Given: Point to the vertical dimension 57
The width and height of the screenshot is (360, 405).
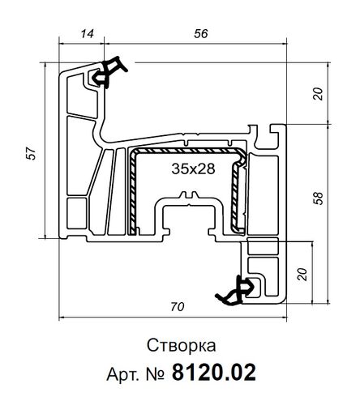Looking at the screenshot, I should click(x=30, y=153).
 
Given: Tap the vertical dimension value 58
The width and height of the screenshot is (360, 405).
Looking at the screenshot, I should click(x=316, y=197).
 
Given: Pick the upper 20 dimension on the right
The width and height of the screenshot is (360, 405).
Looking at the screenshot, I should click(x=318, y=92).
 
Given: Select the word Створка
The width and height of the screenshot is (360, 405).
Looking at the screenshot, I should click(x=180, y=347).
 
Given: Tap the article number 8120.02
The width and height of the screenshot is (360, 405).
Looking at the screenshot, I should click(x=215, y=373).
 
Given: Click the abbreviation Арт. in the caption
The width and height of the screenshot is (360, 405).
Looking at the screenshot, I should click(x=123, y=373).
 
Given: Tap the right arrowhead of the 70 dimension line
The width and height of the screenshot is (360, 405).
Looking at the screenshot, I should click(x=285, y=316).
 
